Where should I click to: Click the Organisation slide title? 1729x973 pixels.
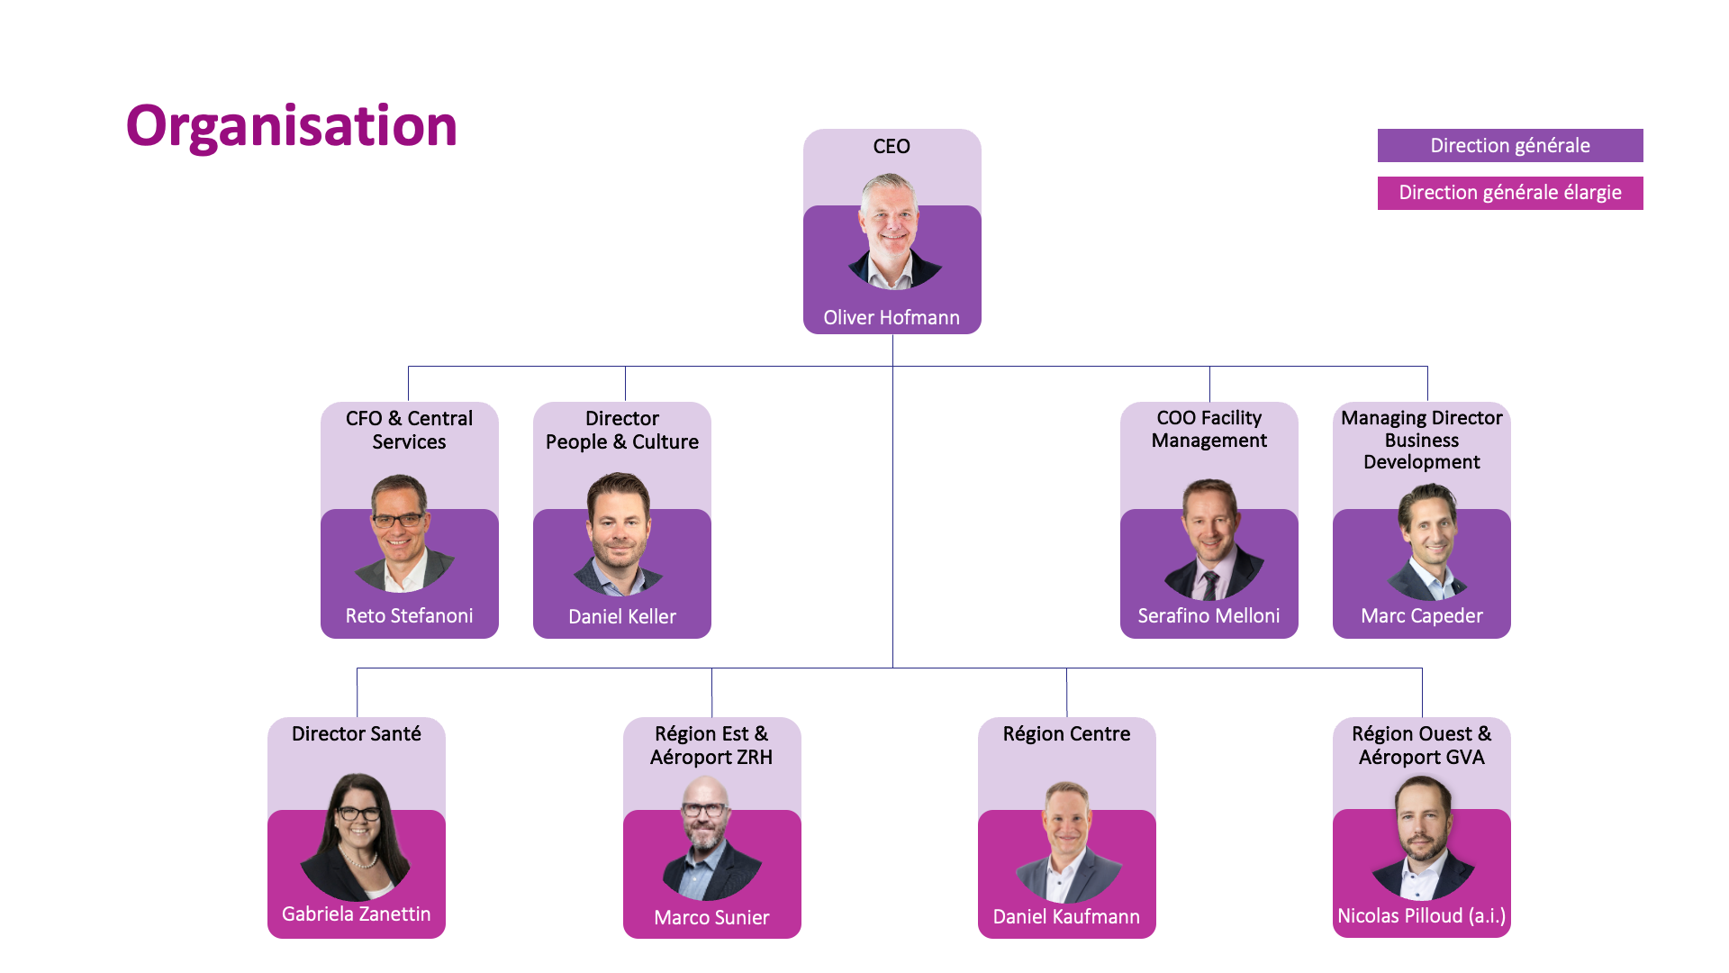click(x=291, y=126)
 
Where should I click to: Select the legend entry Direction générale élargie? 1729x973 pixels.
click(x=1510, y=193)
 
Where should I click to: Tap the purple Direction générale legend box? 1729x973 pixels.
click(x=1510, y=145)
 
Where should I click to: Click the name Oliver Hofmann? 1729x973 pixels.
click(x=892, y=317)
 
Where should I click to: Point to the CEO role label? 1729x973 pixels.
click(x=892, y=146)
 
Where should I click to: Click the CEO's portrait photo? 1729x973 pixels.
click(x=893, y=232)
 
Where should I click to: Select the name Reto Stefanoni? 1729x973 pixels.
click(x=409, y=615)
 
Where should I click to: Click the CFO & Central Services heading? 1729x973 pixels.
click(x=409, y=430)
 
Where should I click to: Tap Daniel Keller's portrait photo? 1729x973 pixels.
click(x=619, y=533)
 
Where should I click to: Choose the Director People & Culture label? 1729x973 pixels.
click(x=622, y=430)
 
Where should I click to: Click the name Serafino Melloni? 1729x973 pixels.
click(x=1208, y=615)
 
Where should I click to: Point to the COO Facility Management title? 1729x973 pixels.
click(x=1208, y=429)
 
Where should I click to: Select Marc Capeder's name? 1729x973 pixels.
click(x=1421, y=615)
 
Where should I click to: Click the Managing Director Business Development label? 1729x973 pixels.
click(x=1421, y=440)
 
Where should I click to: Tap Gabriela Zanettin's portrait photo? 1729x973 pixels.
click(x=357, y=837)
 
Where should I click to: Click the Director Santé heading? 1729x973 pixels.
click(x=357, y=733)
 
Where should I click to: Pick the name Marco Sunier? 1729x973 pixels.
click(x=711, y=917)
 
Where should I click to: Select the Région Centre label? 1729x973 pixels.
click(x=1066, y=733)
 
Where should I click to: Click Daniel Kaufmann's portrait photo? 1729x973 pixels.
click(x=1068, y=841)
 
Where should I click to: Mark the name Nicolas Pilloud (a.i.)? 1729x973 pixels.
click(x=1421, y=915)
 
